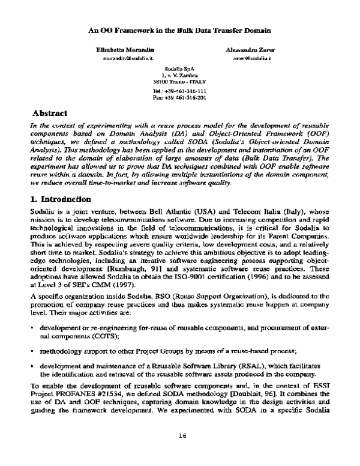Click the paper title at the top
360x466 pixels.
[x=179, y=29]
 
